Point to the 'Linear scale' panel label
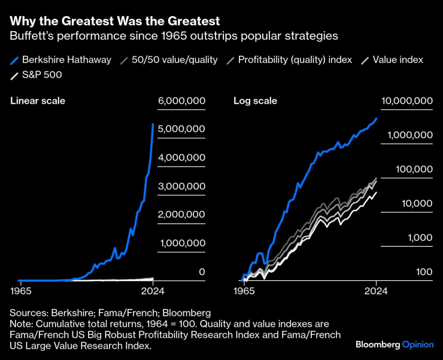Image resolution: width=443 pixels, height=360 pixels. [38, 101]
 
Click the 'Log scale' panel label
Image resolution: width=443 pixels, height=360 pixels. [255, 101]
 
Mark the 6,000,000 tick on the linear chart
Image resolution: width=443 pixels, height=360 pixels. [181, 101]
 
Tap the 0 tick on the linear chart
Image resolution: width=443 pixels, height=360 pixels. [202, 272]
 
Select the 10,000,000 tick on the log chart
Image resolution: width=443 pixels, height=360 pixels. [406, 101]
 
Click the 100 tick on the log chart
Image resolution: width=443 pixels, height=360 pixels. [424, 272]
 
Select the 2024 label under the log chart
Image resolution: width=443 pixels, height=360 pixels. [375, 291]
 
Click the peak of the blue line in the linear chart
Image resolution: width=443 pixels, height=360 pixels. [153, 125]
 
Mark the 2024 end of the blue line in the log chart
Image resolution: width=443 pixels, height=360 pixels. [377, 119]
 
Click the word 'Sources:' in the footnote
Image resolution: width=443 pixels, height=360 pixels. [29, 313]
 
